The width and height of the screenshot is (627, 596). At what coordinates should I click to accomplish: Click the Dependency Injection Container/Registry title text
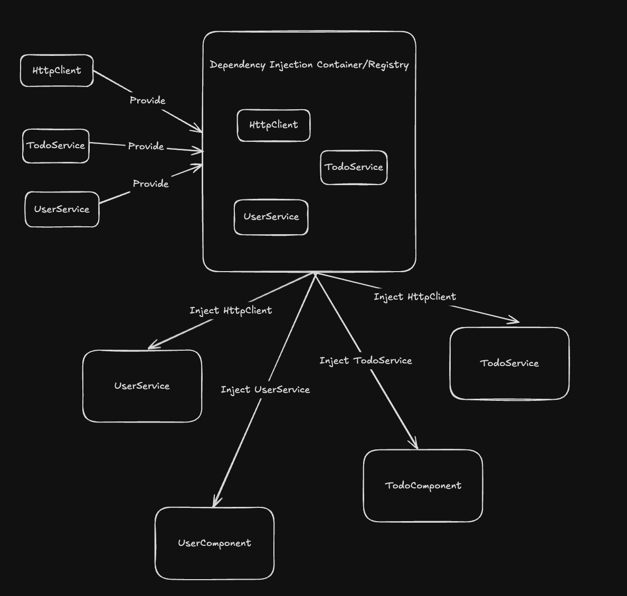309,65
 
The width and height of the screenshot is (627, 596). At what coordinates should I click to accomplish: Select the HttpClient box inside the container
273,125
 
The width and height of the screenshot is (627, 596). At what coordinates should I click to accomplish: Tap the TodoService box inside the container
354,167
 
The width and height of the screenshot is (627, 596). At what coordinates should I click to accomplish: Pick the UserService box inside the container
271,217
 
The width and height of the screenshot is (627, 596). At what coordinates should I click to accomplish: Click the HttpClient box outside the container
56,71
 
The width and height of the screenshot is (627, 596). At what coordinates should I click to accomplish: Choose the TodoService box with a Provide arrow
55,146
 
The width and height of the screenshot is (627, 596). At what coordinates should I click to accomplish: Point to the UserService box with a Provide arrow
62,209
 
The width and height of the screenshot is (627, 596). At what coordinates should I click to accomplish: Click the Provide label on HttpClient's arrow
147,100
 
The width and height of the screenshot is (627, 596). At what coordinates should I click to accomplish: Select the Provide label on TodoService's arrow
146,146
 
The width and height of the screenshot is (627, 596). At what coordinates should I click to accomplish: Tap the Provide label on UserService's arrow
150,184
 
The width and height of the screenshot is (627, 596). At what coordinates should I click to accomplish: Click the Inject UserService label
265,390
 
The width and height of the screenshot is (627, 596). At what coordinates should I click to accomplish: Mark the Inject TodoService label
365,361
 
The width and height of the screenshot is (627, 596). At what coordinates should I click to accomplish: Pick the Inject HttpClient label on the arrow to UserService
231,311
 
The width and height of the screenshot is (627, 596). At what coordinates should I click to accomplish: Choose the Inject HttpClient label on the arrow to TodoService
415,297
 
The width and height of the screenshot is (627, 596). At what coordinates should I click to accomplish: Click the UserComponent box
214,543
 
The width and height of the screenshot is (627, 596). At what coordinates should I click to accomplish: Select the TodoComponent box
423,486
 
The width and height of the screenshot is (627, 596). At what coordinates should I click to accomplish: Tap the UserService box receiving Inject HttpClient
142,386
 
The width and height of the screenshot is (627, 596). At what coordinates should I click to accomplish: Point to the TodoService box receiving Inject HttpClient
509,363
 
